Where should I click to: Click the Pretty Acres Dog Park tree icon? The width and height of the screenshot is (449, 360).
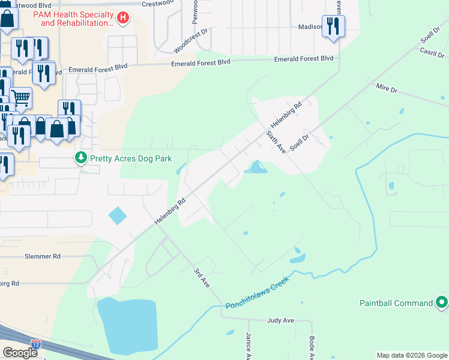80,158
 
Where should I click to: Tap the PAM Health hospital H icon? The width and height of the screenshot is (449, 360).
123,18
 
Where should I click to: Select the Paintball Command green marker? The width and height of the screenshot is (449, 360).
442,302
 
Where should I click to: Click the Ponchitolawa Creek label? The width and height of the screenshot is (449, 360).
257,294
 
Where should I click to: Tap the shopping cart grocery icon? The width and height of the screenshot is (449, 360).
21,97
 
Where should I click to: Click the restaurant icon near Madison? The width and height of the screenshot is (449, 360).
333,26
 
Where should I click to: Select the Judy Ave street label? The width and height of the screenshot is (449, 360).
280,320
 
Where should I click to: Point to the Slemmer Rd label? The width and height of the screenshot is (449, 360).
43,256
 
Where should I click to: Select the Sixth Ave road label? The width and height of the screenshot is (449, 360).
276,142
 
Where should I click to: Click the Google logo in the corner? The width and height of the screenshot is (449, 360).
20,352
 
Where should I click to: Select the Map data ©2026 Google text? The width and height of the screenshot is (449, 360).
411,355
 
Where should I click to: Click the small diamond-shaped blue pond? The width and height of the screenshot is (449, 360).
118,215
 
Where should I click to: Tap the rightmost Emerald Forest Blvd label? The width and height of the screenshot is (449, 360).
303,59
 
